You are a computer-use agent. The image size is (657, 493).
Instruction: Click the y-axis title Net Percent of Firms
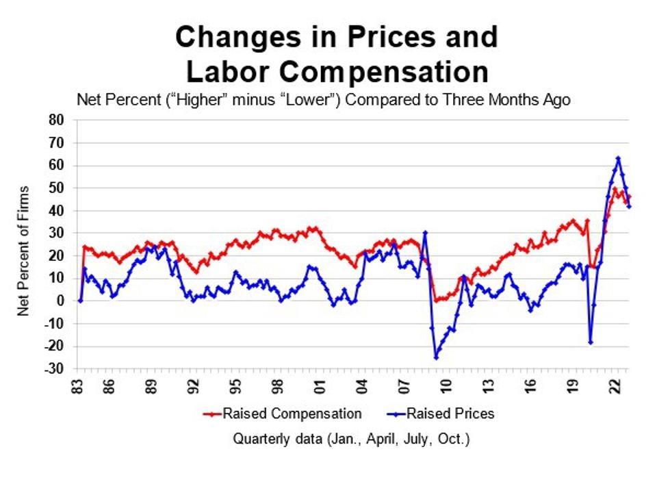tap(24, 250)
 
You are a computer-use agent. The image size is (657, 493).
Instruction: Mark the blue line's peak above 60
tap(618, 158)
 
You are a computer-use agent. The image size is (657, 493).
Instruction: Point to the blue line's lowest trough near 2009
tap(435, 357)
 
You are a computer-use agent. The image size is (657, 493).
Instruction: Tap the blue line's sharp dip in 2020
tap(590, 342)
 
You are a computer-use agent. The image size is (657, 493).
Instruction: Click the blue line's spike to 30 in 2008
tap(425, 232)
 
